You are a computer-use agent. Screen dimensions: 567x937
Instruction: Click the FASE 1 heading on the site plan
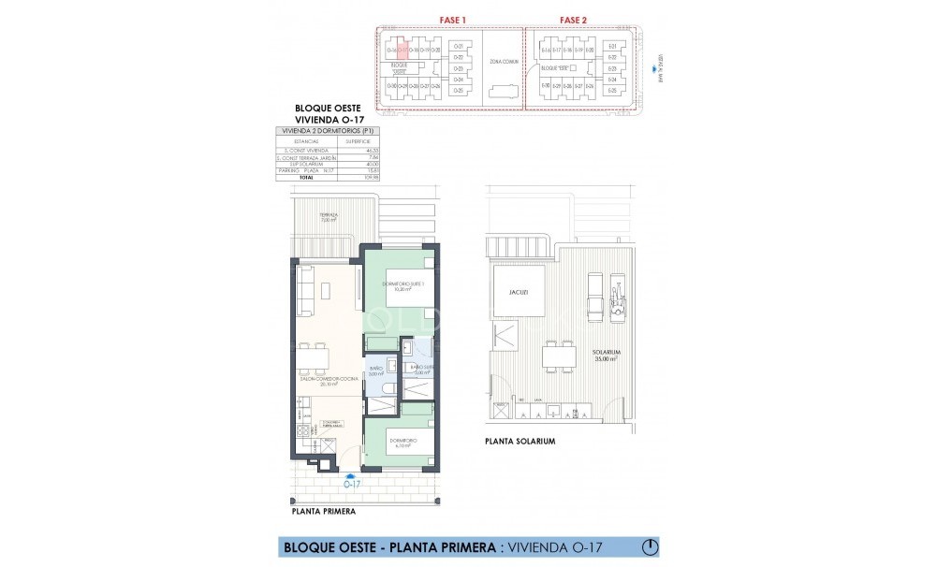(453, 20)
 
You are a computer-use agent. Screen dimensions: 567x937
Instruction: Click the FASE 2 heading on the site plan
(573, 20)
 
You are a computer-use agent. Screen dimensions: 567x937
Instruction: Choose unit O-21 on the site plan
(458, 46)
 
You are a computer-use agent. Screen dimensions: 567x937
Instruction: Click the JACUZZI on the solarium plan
(520, 292)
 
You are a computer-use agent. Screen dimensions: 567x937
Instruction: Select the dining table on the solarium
(560, 354)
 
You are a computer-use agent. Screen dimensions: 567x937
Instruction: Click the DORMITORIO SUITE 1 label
(403, 286)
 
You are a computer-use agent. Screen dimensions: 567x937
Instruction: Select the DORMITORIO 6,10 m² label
(403, 443)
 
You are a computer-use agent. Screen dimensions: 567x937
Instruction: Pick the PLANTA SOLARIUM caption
(520, 441)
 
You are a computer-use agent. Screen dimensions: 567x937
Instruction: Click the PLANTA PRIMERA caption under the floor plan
(323, 513)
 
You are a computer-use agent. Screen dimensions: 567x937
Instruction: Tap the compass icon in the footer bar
(651, 545)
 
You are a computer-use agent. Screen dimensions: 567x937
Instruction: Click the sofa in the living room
(305, 290)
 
